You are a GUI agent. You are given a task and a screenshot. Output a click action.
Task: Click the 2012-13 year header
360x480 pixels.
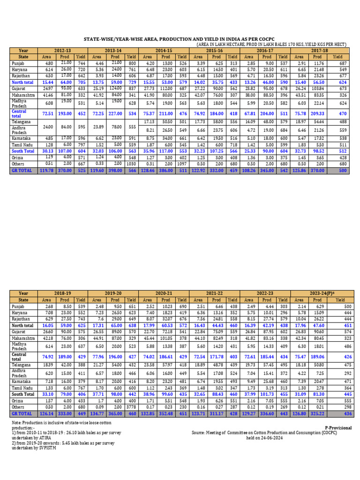[x=63, y=50]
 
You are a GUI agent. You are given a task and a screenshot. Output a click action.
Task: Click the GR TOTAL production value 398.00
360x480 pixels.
[x=115, y=171]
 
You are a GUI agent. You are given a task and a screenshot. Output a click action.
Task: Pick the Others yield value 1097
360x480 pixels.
[x=182, y=164]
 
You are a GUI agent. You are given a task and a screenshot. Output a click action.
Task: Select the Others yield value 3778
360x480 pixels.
[x=131, y=407]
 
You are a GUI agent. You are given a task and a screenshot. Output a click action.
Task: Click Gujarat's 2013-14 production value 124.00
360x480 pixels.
[x=115, y=87]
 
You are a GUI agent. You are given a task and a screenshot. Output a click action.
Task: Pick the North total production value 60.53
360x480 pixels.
[x=166, y=324]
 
